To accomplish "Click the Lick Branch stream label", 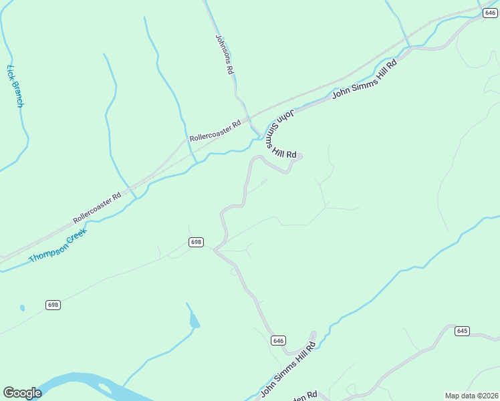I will tap(15, 86).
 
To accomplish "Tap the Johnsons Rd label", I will tap(224, 54).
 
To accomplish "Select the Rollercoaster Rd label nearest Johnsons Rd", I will tap(215, 130).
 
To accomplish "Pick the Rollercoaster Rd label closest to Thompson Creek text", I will tap(98, 207).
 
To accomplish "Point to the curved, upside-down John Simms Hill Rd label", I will tap(281, 134).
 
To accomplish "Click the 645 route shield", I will tap(463, 331).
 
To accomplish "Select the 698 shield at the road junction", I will tap(196, 242).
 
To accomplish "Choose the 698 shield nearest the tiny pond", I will tap(53, 305).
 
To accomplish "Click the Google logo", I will tap(22, 393).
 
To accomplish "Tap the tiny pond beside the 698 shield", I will tap(22, 308).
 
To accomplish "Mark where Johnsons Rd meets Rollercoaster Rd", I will tap(249, 114).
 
